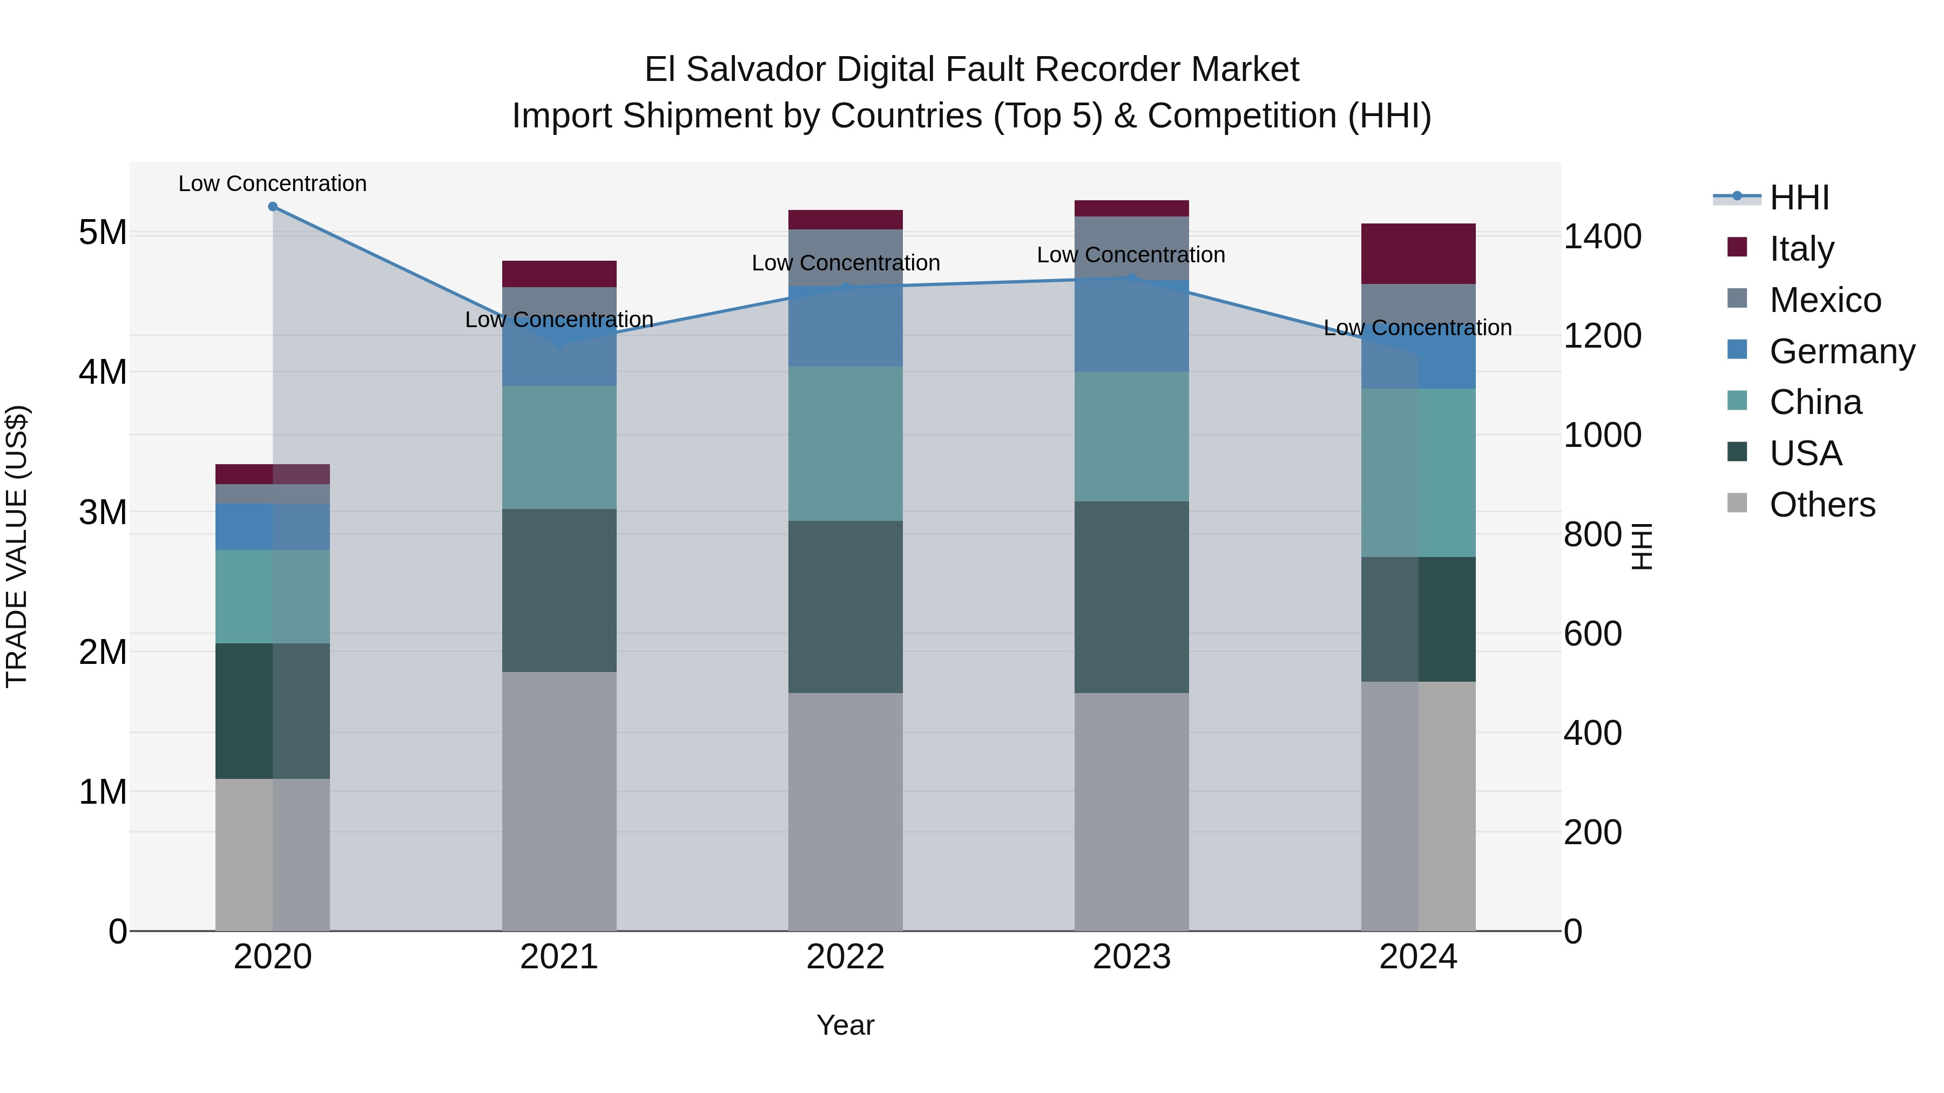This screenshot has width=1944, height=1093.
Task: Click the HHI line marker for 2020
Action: tap(273, 206)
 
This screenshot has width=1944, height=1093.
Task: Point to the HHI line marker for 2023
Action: tap(1131, 279)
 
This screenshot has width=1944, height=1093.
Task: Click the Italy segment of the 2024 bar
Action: tap(1417, 254)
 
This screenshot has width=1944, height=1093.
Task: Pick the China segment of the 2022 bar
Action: tap(845, 444)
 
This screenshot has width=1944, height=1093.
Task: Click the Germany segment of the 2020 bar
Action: tap(273, 526)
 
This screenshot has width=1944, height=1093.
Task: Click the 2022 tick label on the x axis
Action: tap(845, 957)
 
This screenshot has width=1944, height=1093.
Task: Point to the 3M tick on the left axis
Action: tap(103, 512)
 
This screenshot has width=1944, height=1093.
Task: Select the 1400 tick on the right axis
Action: tap(1602, 236)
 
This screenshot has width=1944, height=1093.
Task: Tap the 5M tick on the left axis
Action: tap(103, 232)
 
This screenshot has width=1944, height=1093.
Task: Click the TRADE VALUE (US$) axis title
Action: tap(17, 546)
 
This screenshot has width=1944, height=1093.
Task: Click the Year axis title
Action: tap(845, 1025)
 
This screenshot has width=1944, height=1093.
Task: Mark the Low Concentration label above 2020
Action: tap(273, 184)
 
